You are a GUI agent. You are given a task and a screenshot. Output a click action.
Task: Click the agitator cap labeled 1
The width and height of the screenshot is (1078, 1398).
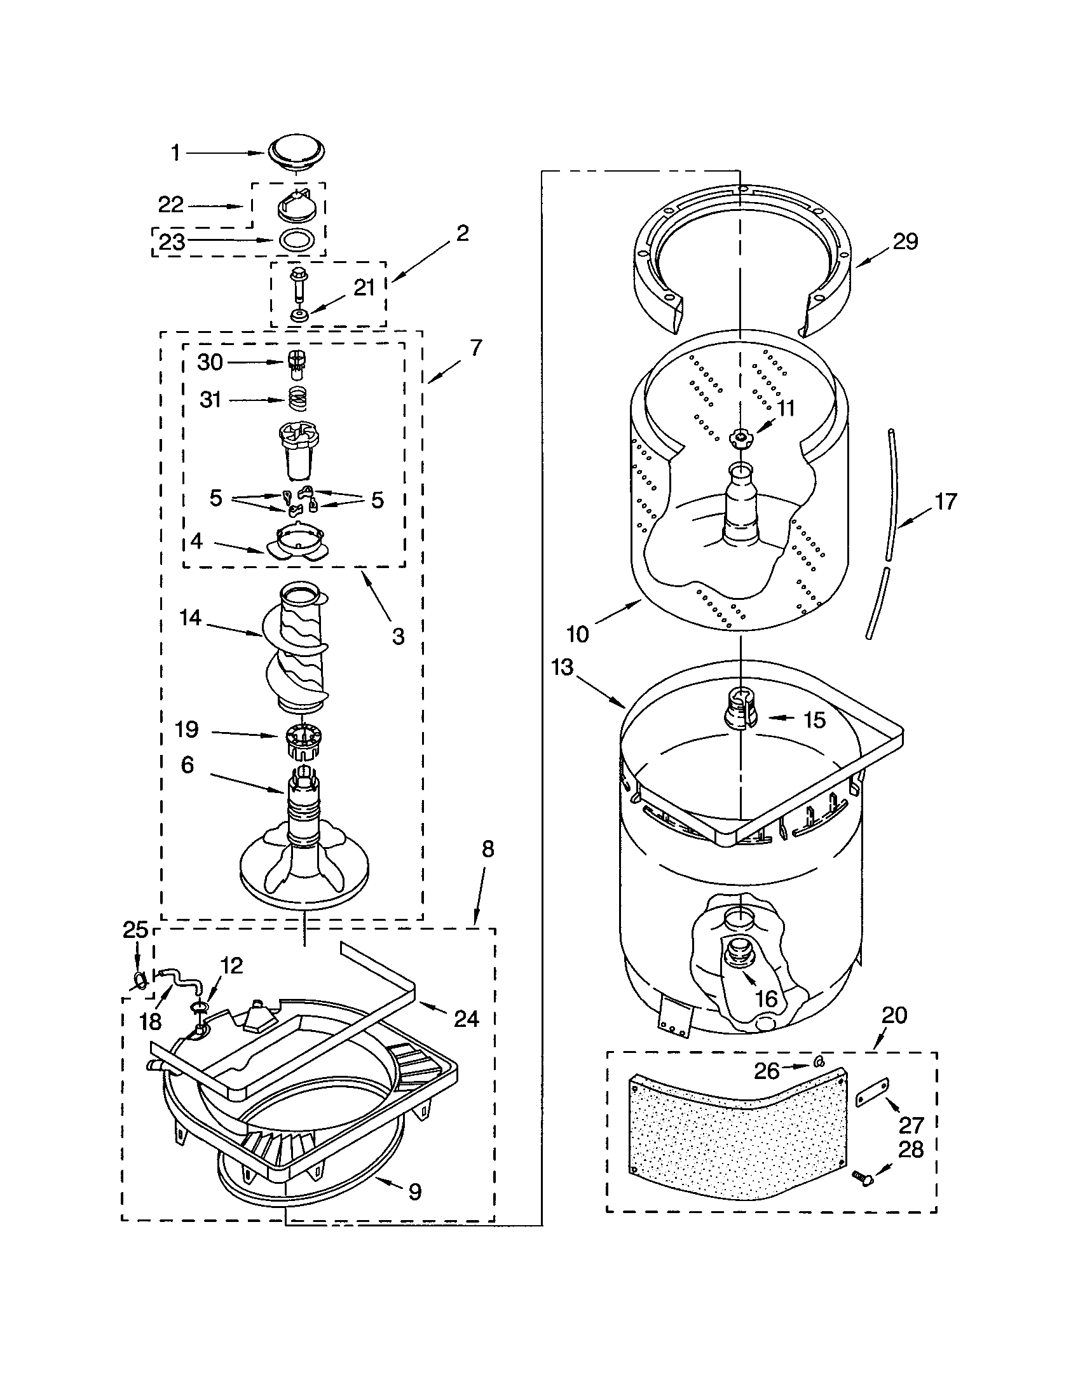click(x=296, y=154)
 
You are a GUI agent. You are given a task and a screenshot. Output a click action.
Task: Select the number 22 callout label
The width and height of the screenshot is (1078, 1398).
click(x=171, y=205)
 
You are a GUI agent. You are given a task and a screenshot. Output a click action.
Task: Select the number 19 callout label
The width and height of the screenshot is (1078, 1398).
click(x=187, y=729)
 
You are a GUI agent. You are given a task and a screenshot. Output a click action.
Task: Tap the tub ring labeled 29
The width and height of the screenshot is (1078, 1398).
click(x=742, y=256)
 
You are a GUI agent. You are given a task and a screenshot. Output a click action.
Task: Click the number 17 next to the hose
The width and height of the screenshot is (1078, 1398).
click(x=946, y=501)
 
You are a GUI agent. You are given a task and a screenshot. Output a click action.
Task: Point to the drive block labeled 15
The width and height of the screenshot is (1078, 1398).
click(x=739, y=709)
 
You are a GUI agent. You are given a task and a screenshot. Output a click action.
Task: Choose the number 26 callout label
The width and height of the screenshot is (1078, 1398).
click(x=767, y=1070)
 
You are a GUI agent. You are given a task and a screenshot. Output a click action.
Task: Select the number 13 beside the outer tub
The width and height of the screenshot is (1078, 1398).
click(x=563, y=667)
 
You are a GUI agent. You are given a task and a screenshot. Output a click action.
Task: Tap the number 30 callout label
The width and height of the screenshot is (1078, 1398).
click(x=209, y=362)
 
